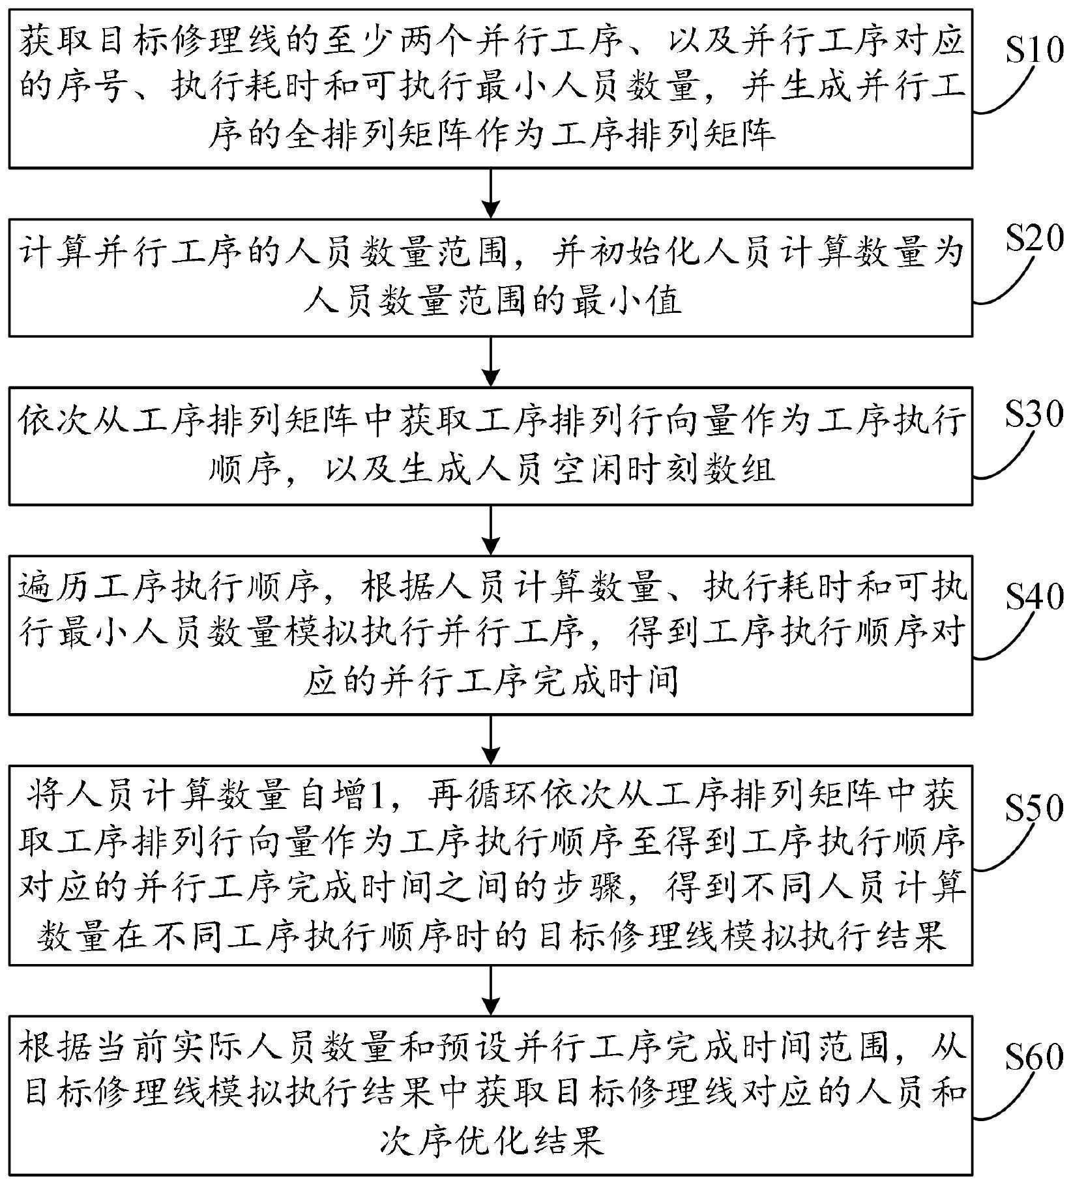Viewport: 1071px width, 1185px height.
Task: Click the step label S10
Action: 1034,50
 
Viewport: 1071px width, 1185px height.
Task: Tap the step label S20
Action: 1034,240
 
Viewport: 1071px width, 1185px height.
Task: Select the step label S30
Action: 1034,414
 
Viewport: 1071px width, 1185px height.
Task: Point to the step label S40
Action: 1034,595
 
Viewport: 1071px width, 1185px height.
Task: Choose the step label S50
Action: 1034,808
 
